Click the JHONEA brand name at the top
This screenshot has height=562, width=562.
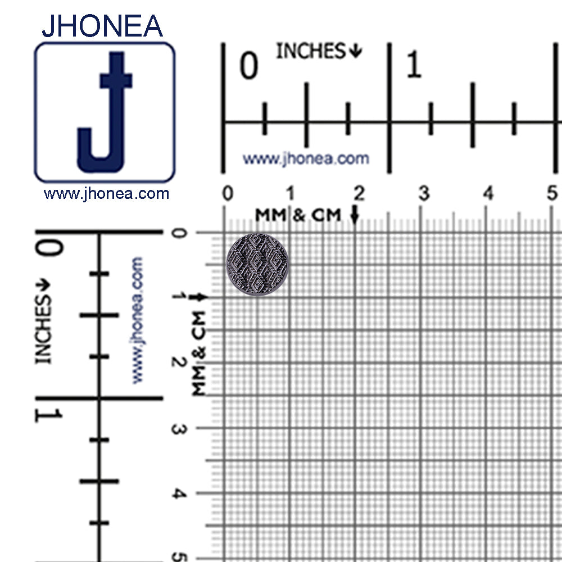pos(102,26)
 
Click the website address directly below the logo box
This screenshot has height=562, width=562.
pos(106,194)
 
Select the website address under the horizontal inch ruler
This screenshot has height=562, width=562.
pos(306,159)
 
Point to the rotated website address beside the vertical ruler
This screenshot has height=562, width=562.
pos(137,320)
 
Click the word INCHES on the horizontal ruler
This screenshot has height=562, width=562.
pos(310,51)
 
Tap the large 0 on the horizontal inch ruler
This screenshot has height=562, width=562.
pos(249,66)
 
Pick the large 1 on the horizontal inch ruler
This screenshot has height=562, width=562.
pos(414,65)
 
